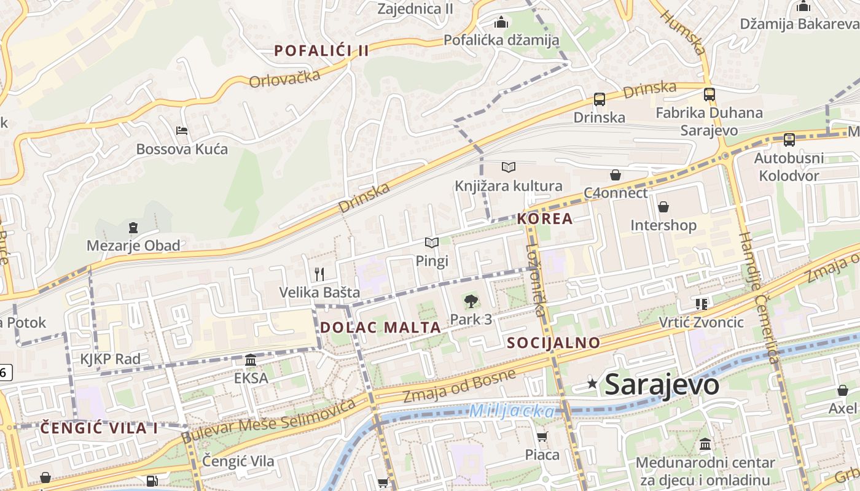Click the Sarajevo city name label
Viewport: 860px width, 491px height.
click(x=662, y=385)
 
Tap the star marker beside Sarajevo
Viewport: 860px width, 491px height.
click(x=592, y=384)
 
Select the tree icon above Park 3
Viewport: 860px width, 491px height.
click(x=471, y=301)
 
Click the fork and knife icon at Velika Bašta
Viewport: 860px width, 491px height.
click(x=319, y=274)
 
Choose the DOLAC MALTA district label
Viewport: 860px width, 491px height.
click(x=380, y=327)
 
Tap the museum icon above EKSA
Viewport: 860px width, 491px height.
click(x=251, y=360)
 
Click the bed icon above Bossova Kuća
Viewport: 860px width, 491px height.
click(x=181, y=131)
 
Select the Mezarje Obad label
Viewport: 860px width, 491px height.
click(x=133, y=246)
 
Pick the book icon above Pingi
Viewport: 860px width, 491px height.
click(x=432, y=243)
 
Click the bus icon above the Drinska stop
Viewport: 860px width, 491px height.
click(x=599, y=99)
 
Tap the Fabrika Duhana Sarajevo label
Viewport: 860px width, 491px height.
click(x=709, y=122)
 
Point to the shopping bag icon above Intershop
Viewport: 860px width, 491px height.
click(x=663, y=207)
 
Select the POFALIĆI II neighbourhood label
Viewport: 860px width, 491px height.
click(x=322, y=51)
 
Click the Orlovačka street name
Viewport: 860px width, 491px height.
click(x=285, y=79)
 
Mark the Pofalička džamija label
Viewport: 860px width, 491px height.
click(x=501, y=41)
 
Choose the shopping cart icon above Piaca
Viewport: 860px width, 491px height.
click(x=542, y=437)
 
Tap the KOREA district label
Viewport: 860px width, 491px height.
click(x=545, y=218)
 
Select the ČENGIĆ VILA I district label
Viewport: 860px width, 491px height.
click(x=99, y=428)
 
